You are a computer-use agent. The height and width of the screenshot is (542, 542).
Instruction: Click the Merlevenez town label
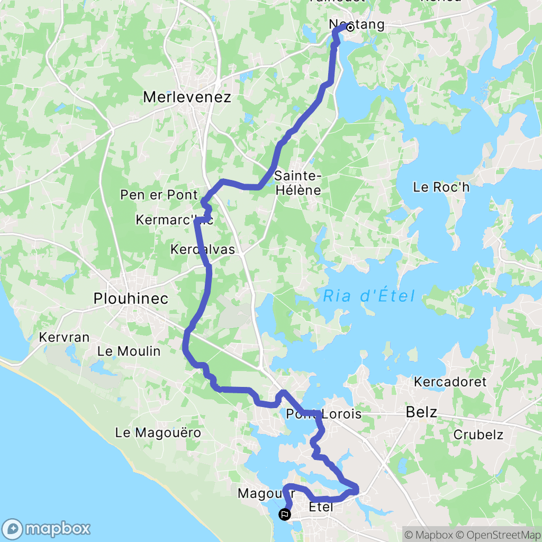[187, 97]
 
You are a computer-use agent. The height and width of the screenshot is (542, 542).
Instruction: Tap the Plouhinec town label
[131, 299]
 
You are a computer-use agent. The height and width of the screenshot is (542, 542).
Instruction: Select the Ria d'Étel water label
[368, 296]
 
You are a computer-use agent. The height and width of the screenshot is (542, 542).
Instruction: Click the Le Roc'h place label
[441, 187]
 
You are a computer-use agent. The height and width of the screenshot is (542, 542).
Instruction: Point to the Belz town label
[421, 412]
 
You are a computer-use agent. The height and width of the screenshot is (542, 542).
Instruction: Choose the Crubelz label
[478, 435]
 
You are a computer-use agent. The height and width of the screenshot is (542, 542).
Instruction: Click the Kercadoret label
[450, 382]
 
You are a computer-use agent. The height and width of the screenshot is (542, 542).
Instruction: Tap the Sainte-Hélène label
[297, 183]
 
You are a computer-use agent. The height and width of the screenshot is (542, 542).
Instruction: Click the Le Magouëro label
[158, 433]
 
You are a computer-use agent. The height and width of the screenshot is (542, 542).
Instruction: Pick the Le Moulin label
[129, 351]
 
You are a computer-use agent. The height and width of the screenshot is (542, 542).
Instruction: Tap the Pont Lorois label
[323, 414]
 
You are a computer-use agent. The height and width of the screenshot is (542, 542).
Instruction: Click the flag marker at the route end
[285, 513]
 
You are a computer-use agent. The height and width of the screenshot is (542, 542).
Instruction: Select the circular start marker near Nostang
[350, 28]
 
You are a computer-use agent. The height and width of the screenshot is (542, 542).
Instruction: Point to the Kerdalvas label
[202, 249]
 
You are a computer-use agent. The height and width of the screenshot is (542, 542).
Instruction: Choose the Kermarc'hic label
[174, 220]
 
